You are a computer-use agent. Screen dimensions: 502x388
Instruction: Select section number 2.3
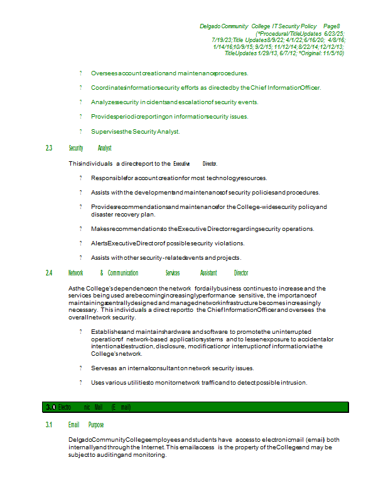click(49, 148)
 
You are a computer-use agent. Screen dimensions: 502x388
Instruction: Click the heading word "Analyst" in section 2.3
click(105, 148)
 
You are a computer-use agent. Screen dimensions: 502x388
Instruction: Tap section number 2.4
click(49, 273)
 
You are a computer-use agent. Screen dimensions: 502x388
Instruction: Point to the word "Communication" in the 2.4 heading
click(123, 273)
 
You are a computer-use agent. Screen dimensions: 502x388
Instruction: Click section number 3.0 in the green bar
click(50, 407)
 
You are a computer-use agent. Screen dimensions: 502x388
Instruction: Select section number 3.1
click(49, 425)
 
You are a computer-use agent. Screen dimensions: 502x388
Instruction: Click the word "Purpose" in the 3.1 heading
click(96, 425)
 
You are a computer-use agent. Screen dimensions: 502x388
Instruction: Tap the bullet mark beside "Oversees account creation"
click(80, 73)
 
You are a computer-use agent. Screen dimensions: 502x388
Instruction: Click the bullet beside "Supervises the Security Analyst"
click(80, 132)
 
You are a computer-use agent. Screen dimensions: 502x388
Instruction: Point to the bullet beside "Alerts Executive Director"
click(80, 243)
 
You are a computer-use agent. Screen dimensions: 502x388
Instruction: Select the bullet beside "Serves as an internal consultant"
click(80, 368)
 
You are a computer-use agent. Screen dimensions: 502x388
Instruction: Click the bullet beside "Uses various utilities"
click(80, 382)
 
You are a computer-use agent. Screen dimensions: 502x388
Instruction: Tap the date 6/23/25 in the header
click(334, 33)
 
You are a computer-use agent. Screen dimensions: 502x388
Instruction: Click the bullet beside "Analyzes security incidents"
click(80, 102)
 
